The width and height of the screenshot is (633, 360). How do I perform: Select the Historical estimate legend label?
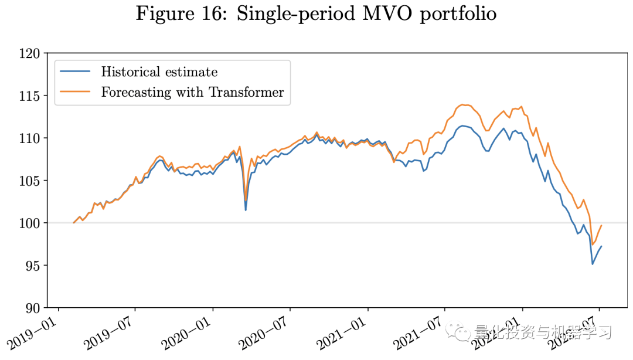click(159, 72)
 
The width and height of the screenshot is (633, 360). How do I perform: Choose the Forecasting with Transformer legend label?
click(192, 92)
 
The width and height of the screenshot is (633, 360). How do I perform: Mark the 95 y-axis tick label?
click(32, 266)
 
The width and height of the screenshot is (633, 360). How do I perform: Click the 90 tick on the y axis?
click(32, 308)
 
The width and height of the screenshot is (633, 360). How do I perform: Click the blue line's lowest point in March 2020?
click(246, 210)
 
